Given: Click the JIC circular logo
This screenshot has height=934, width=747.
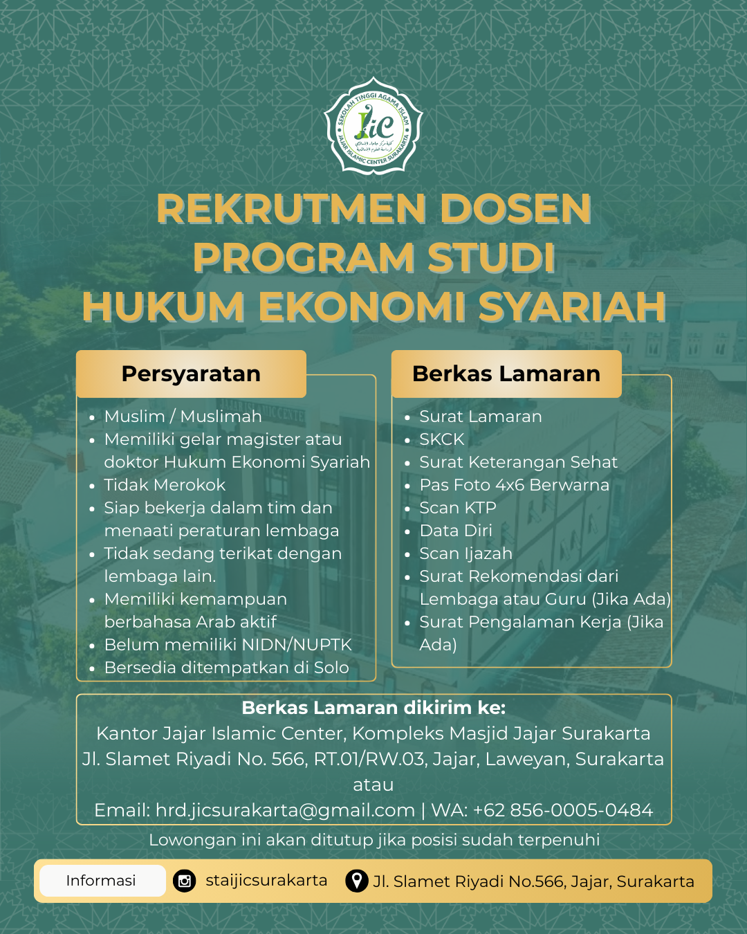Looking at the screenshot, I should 373,125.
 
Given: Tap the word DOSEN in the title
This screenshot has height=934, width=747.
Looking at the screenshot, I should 515,209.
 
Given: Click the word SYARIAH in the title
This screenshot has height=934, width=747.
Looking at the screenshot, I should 571,306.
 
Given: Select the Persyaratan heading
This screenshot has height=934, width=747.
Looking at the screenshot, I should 191,374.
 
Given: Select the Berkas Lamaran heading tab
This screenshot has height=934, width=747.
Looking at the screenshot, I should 506,374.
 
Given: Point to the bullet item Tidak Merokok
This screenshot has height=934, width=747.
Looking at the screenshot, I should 165,485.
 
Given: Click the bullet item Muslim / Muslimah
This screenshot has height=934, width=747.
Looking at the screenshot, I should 183,416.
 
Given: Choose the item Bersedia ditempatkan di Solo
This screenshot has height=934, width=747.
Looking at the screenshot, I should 226,668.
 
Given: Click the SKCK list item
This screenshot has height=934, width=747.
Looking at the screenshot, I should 442,439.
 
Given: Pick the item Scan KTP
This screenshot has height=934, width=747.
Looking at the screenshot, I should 458,508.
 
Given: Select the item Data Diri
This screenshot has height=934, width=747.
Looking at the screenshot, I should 456,531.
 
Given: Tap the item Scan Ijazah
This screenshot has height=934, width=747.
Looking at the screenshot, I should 465,553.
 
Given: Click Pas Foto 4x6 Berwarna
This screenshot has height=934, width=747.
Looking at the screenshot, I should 514,485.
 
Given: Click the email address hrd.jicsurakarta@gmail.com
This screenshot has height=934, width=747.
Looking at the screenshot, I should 285,810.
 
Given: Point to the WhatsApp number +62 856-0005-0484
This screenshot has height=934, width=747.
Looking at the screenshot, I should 562,810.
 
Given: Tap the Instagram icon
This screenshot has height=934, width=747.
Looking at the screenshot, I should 185,881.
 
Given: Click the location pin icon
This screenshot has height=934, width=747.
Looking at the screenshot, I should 356,881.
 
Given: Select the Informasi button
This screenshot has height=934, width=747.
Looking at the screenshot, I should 101,881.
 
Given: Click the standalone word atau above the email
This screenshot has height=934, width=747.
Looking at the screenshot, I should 373,785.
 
